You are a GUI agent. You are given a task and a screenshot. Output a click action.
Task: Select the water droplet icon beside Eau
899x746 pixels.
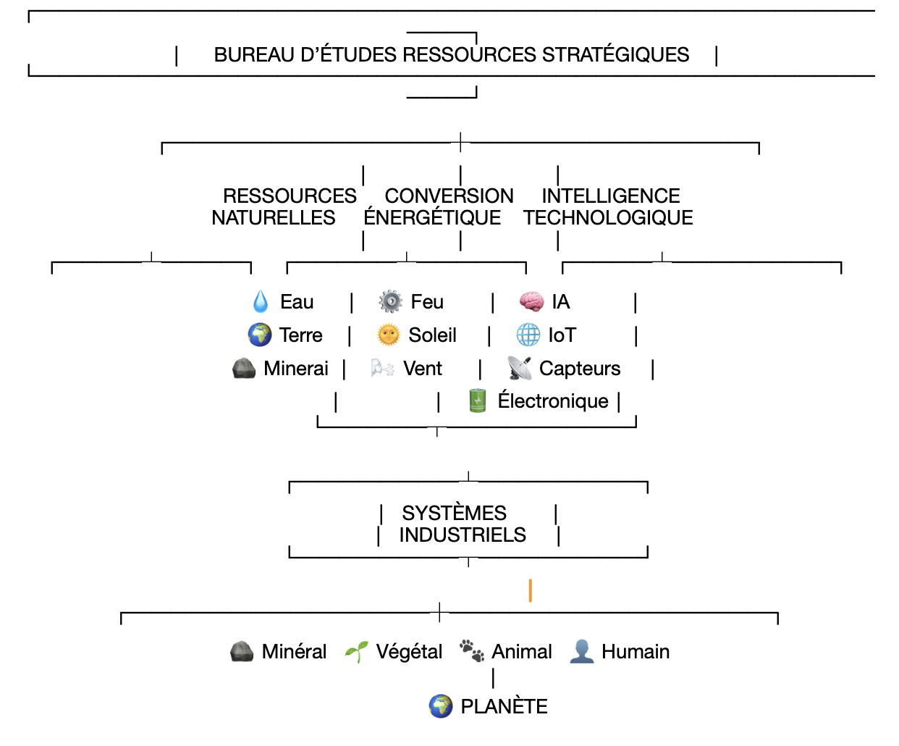tap(261, 301)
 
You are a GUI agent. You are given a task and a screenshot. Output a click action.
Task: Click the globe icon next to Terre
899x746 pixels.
tap(260, 335)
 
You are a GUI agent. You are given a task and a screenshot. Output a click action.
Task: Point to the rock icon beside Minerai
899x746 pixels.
tap(244, 369)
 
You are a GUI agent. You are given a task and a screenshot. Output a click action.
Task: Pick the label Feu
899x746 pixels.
tap(427, 301)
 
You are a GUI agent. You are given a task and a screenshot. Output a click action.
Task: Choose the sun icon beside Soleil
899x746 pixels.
tap(389, 335)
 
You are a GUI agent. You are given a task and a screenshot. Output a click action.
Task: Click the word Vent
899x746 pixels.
tap(423, 369)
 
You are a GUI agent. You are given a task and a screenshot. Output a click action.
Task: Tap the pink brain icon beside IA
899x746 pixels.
tap(531, 301)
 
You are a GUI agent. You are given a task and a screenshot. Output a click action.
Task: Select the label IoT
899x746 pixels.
tap(562, 335)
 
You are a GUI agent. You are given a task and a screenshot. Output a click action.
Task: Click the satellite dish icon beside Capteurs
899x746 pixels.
tap(519, 369)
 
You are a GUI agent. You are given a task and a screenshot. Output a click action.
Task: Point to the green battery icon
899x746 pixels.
tap(478, 401)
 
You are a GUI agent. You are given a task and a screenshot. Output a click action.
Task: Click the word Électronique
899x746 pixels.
tap(553, 401)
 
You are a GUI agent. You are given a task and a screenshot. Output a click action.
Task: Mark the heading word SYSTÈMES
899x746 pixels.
tap(454, 513)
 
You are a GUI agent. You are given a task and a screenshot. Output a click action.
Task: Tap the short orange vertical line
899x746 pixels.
tap(531, 590)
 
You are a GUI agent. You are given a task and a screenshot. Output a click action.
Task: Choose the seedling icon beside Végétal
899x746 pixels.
tap(356, 652)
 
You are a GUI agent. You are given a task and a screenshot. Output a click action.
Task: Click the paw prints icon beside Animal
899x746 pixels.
tap(472, 651)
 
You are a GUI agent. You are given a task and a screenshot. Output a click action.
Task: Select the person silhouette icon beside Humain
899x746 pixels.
tap(581, 651)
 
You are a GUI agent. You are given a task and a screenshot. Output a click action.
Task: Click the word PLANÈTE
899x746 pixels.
tap(504, 706)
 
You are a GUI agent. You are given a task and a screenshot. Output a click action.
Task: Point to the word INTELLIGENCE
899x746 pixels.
tap(611, 196)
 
